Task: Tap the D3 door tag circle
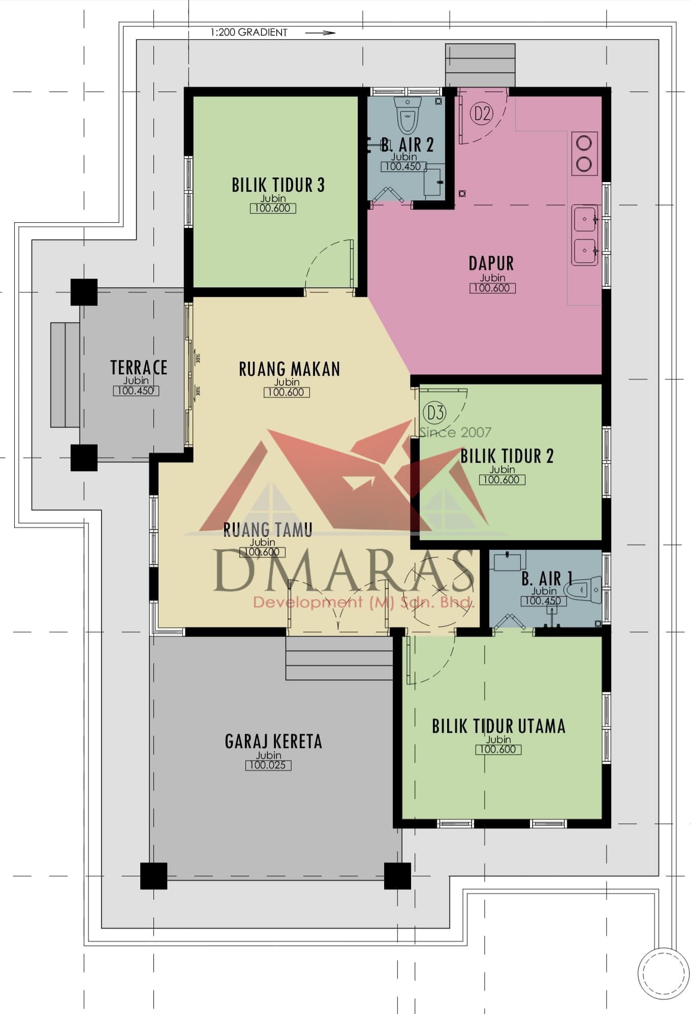(x=435, y=412)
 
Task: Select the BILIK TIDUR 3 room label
(x=278, y=185)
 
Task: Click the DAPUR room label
(x=491, y=263)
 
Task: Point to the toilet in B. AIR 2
(x=408, y=115)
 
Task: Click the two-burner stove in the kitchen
(x=584, y=153)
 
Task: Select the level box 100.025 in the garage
(x=268, y=765)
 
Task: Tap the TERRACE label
(x=139, y=368)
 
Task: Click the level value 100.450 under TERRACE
(x=136, y=391)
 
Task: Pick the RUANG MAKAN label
(x=290, y=369)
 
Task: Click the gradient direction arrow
(x=320, y=33)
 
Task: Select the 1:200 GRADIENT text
(x=249, y=33)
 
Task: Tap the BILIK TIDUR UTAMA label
(x=498, y=726)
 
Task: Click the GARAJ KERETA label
(x=273, y=741)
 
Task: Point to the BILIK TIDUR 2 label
(x=507, y=456)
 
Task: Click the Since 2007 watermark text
(x=455, y=433)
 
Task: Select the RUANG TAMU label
(x=268, y=530)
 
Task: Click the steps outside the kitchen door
(x=480, y=65)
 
